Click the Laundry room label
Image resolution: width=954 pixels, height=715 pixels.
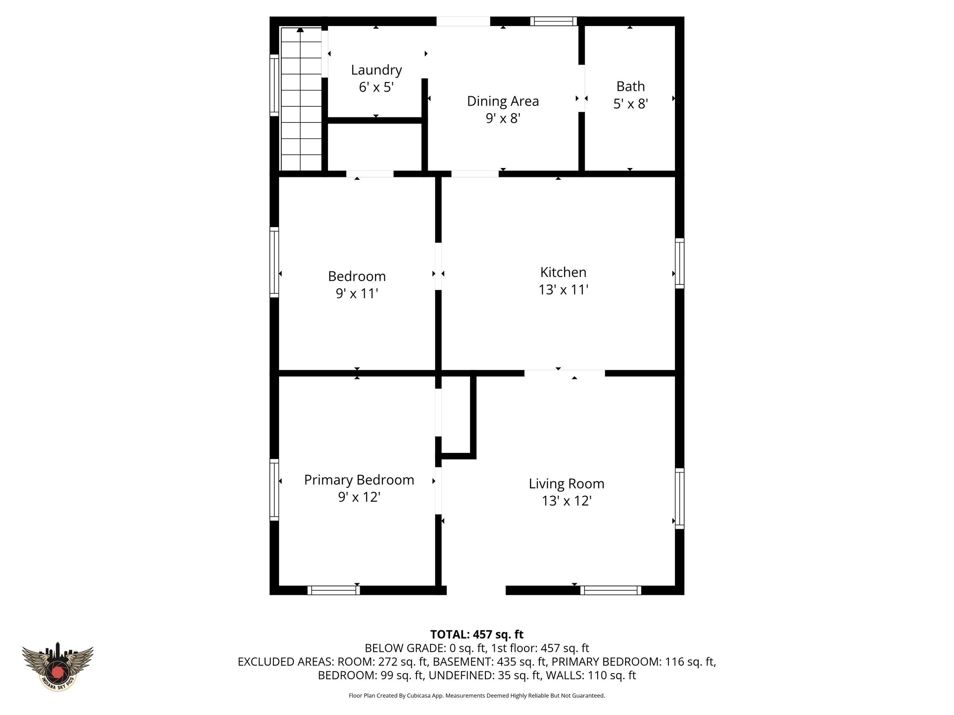point(376,70)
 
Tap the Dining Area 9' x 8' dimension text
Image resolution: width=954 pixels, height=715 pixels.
point(503,119)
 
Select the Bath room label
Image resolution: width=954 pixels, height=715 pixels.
point(630,87)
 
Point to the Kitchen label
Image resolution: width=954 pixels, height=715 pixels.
point(563,272)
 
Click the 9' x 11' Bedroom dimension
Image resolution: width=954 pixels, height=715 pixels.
point(357,294)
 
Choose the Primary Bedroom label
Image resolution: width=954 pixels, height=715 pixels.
point(359,480)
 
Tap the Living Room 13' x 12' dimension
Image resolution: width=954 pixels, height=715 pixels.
point(566,501)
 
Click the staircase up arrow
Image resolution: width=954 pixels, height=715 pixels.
point(300,30)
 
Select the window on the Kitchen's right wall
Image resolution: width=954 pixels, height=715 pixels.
point(680,263)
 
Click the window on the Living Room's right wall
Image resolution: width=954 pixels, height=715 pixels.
point(680,498)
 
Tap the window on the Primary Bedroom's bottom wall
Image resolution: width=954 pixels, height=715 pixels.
point(334,590)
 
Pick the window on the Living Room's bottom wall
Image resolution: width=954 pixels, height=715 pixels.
point(611,590)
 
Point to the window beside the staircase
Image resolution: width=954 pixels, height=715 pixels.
point(274,85)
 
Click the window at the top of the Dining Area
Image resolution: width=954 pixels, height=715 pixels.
point(553,21)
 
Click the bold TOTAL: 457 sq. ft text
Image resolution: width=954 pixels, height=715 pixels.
point(477,634)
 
